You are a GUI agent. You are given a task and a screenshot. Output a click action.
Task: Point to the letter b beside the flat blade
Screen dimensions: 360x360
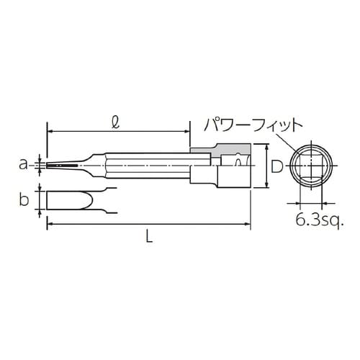coord(24,199)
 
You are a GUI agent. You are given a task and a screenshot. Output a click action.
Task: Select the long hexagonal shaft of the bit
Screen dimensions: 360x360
coord(144,166)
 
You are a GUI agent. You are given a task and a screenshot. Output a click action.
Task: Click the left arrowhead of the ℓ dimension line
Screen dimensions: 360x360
coord(50,132)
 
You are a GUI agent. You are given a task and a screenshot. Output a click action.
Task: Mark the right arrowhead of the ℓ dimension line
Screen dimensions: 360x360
coord(187,132)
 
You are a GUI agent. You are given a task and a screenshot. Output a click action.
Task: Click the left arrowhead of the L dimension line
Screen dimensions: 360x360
coord(50,225)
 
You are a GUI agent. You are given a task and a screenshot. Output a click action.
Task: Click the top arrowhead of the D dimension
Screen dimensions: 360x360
coord(266,145)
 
